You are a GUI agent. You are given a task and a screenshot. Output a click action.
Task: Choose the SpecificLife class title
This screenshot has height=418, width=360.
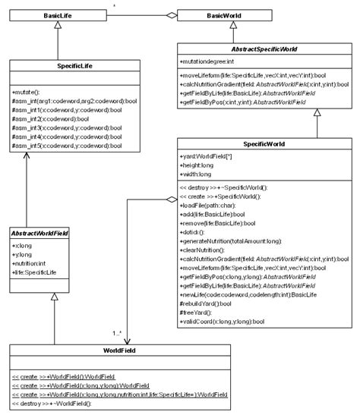tap(58, 68)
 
